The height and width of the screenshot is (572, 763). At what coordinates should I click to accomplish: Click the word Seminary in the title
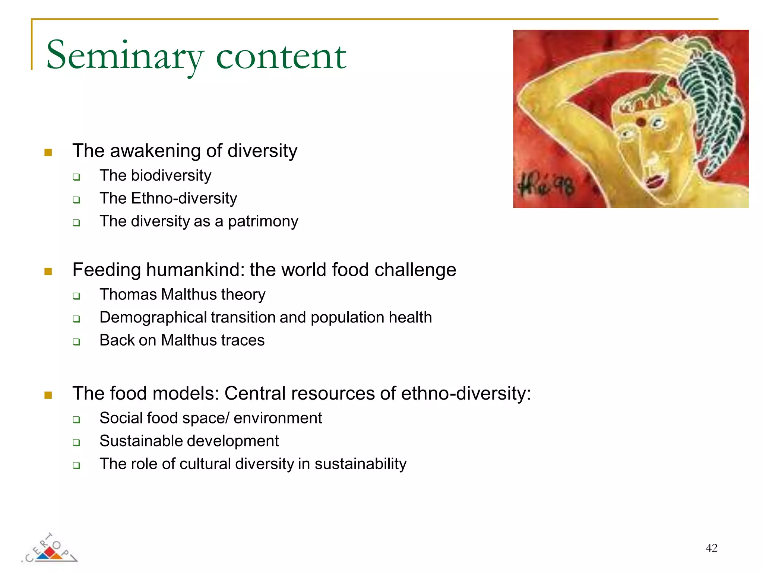point(125,56)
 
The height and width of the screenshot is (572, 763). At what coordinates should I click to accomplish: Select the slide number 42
point(711,548)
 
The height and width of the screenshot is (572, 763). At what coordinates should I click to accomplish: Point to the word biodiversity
point(171,175)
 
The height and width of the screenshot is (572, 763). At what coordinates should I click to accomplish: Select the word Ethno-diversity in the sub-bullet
point(184,198)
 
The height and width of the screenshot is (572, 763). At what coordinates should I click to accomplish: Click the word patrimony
point(263,221)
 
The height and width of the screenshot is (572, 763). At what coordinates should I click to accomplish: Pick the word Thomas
point(128,295)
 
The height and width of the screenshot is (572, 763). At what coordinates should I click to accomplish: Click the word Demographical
point(153,318)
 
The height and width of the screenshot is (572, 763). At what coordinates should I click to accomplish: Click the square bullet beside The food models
point(48,395)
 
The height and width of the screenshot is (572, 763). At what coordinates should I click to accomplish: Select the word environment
point(278,418)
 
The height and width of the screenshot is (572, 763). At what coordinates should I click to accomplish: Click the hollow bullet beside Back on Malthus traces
point(76,341)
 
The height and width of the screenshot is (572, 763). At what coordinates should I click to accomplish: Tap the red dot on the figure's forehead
point(640,121)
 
